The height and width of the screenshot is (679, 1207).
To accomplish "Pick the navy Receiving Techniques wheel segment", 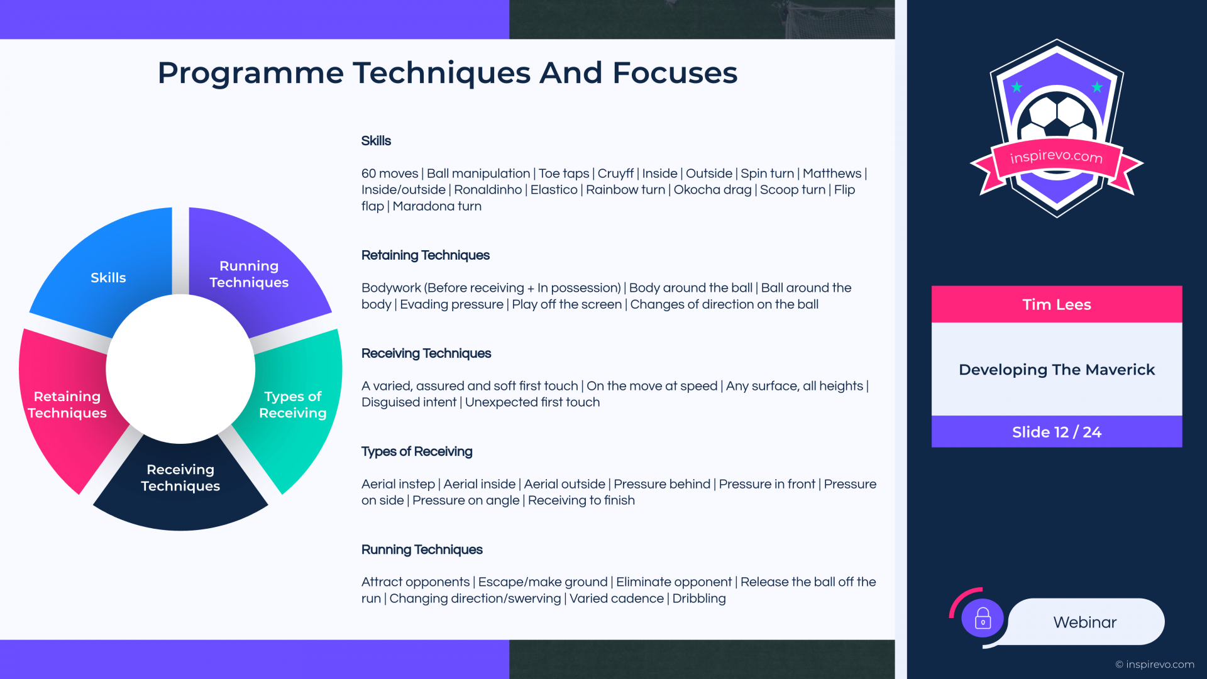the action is point(180,484).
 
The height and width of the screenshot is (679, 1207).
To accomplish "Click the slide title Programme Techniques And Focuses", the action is point(447,73).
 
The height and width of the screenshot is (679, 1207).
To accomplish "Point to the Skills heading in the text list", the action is point(376,141).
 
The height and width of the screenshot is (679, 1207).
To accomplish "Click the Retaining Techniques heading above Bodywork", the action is point(425,255).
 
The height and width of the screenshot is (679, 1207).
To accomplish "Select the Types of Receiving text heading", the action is point(417,451).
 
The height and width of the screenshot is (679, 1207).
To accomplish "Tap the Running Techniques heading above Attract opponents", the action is point(422,549).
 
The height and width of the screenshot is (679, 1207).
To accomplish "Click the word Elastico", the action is point(554,190).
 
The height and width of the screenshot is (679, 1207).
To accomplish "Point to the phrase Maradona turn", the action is point(437,206).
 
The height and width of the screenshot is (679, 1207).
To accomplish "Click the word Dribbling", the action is point(699,599).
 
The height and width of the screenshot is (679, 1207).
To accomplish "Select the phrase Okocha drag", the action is point(712,190).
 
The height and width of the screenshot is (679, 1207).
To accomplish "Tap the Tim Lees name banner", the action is point(1057,304).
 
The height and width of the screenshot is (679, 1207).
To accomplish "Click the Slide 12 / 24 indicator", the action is point(1057,432).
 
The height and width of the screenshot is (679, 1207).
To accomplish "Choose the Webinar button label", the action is point(1085,622).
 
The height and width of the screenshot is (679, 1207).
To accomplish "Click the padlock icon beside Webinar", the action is point(983,618).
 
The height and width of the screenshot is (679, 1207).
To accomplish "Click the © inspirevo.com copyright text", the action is point(1155,665).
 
